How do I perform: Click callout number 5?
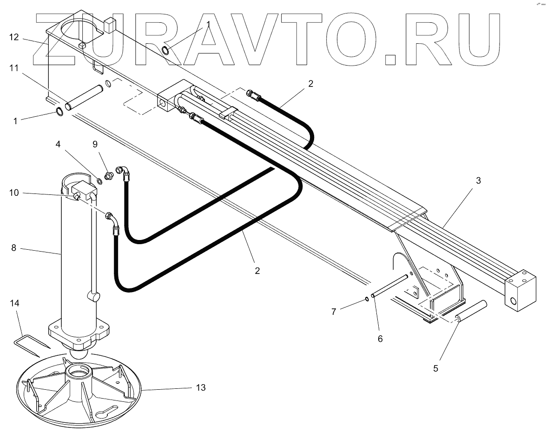435,368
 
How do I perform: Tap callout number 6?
380,339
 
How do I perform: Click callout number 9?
95,144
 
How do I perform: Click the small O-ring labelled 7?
367,299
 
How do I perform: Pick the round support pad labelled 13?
79,391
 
